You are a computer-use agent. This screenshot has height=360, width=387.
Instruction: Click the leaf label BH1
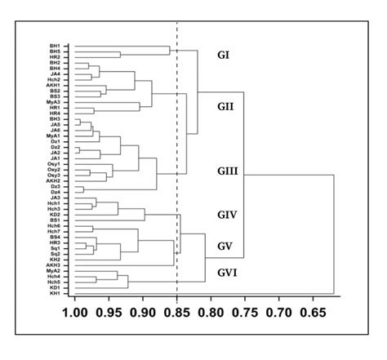pos(55,47)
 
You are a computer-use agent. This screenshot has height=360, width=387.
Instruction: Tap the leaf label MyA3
pos(53,101)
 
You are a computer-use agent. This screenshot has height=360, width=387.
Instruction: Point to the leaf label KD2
pos(55,215)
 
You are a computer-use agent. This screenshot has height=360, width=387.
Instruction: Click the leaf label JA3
pos(55,198)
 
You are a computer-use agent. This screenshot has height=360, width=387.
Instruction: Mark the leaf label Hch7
pos(54,232)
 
